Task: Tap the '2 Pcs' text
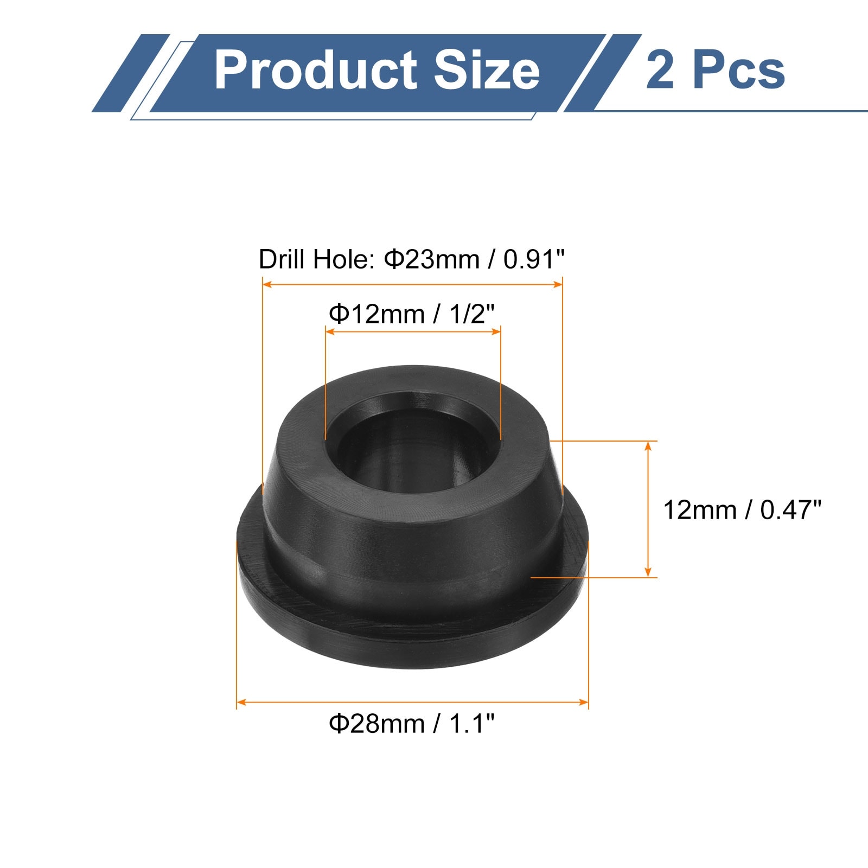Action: click(x=715, y=71)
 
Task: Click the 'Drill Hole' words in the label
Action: click(x=315, y=259)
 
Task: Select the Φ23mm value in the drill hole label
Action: click(x=432, y=259)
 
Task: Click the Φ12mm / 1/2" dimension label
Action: click(x=412, y=314)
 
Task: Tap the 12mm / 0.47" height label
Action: click(x=742, y=510)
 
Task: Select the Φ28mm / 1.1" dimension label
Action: click(x=412, y=724)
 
